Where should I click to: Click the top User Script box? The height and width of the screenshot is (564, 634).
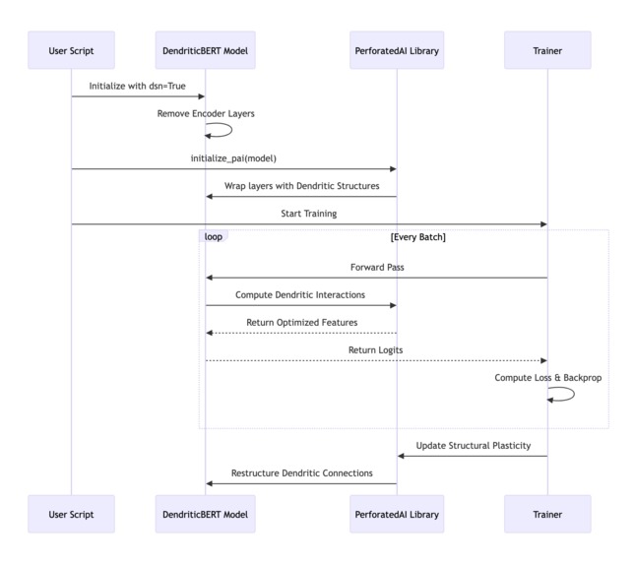pyautogui.click(x=71, y=50)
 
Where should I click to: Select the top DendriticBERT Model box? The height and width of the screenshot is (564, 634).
pyautogui.click(x=206, y=50)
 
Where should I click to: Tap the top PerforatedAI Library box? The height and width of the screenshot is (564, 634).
pyautogui.click(x=397, y=50)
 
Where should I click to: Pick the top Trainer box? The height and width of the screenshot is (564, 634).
pyautogui.click(x=547, y=50)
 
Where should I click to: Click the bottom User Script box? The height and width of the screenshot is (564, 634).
pyautogui.click(x=71, y=514)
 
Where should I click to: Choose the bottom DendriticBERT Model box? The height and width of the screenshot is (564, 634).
pyautogui.click(x=206, y=514)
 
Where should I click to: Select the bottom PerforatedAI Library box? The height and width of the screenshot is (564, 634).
pyautogui.click(x=397, y=514)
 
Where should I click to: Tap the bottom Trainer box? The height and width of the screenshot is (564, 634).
pyautogui.click(x=547, y=514)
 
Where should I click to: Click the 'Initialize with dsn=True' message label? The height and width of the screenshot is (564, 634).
pyautogui.click(x=137, y=86)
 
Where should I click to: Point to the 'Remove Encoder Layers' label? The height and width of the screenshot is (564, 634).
pyautogui.click(x=206, y=113)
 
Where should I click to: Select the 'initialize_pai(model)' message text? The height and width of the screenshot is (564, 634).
pyautogui.click(x=233, y=157)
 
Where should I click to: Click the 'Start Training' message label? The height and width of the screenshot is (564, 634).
pyautogui.click(x=309, y=213)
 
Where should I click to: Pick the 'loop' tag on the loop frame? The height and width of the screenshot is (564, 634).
pyautogui.click(x=213, y=237)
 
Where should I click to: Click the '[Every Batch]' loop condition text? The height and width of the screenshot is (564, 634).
pyautogui.click(x=417, y=237)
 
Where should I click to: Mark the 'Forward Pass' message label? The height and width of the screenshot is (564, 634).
pyautogui.click(x=377, y=267)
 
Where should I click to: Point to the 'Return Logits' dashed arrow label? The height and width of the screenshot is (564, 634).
pyautogui.click(x=375, y=349)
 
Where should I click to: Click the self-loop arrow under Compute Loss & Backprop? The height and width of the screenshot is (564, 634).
pyautogui.click(x=564, y=394)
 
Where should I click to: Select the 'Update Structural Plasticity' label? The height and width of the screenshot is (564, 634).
pyautogui.click(x=473, y=445)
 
